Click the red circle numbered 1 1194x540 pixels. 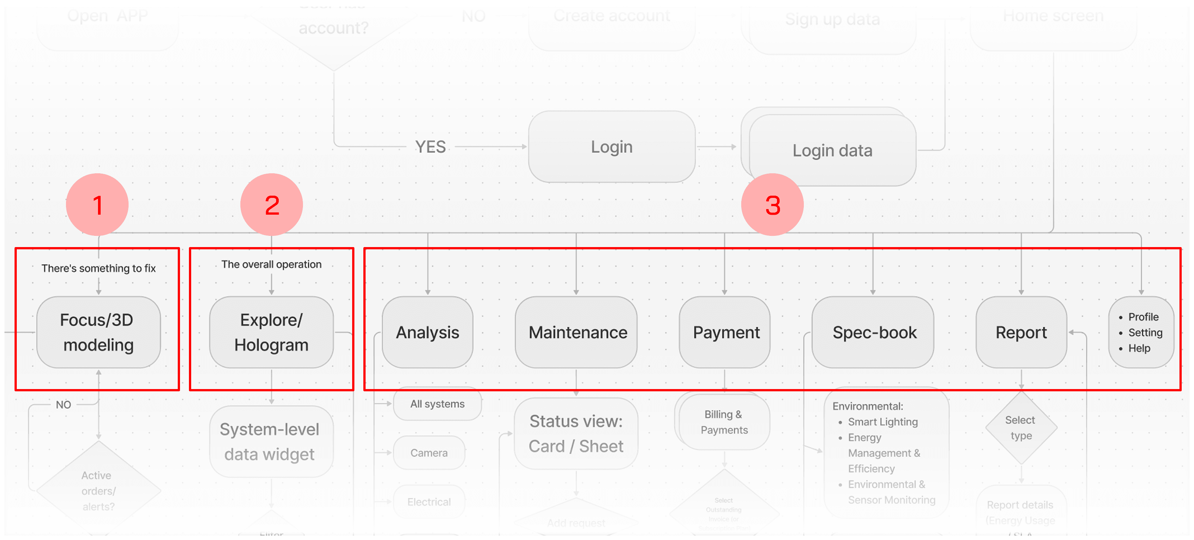pyautogui.click(x=97, y=205)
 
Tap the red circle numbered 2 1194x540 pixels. pyautogui.click(x=272, y=205)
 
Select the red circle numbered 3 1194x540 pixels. pyautogui.click(x=772, y=205)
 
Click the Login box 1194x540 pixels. pyautogui.click(x=612, y=147)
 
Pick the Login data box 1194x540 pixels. pyautogui.click(x=832, y=151)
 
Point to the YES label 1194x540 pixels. pyautogui.click(x=430, y=147)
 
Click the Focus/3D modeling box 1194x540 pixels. pyautogui.click(x=98, y=332)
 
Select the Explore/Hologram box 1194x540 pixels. pyautogui.click(x=271, y=332)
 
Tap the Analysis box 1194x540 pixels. pyautogui.click(x=427, y=332)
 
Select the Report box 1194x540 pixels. pyautogui.click(x=1021, y=332)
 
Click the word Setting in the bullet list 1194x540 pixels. pyautogui.click(x=1145, y=332)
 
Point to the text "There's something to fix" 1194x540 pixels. pyautogui.click(x=98, y=268)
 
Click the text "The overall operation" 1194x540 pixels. pyautogui.click(x=271, y=264)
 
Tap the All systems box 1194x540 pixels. pyautogui.click(x=437, y=404)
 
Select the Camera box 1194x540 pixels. pyautogui.click(x=429, y=453)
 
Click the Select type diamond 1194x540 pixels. pyautogui.click(x=1021, y=428)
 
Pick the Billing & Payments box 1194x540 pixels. pyautogui.click(x=724, y=422)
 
